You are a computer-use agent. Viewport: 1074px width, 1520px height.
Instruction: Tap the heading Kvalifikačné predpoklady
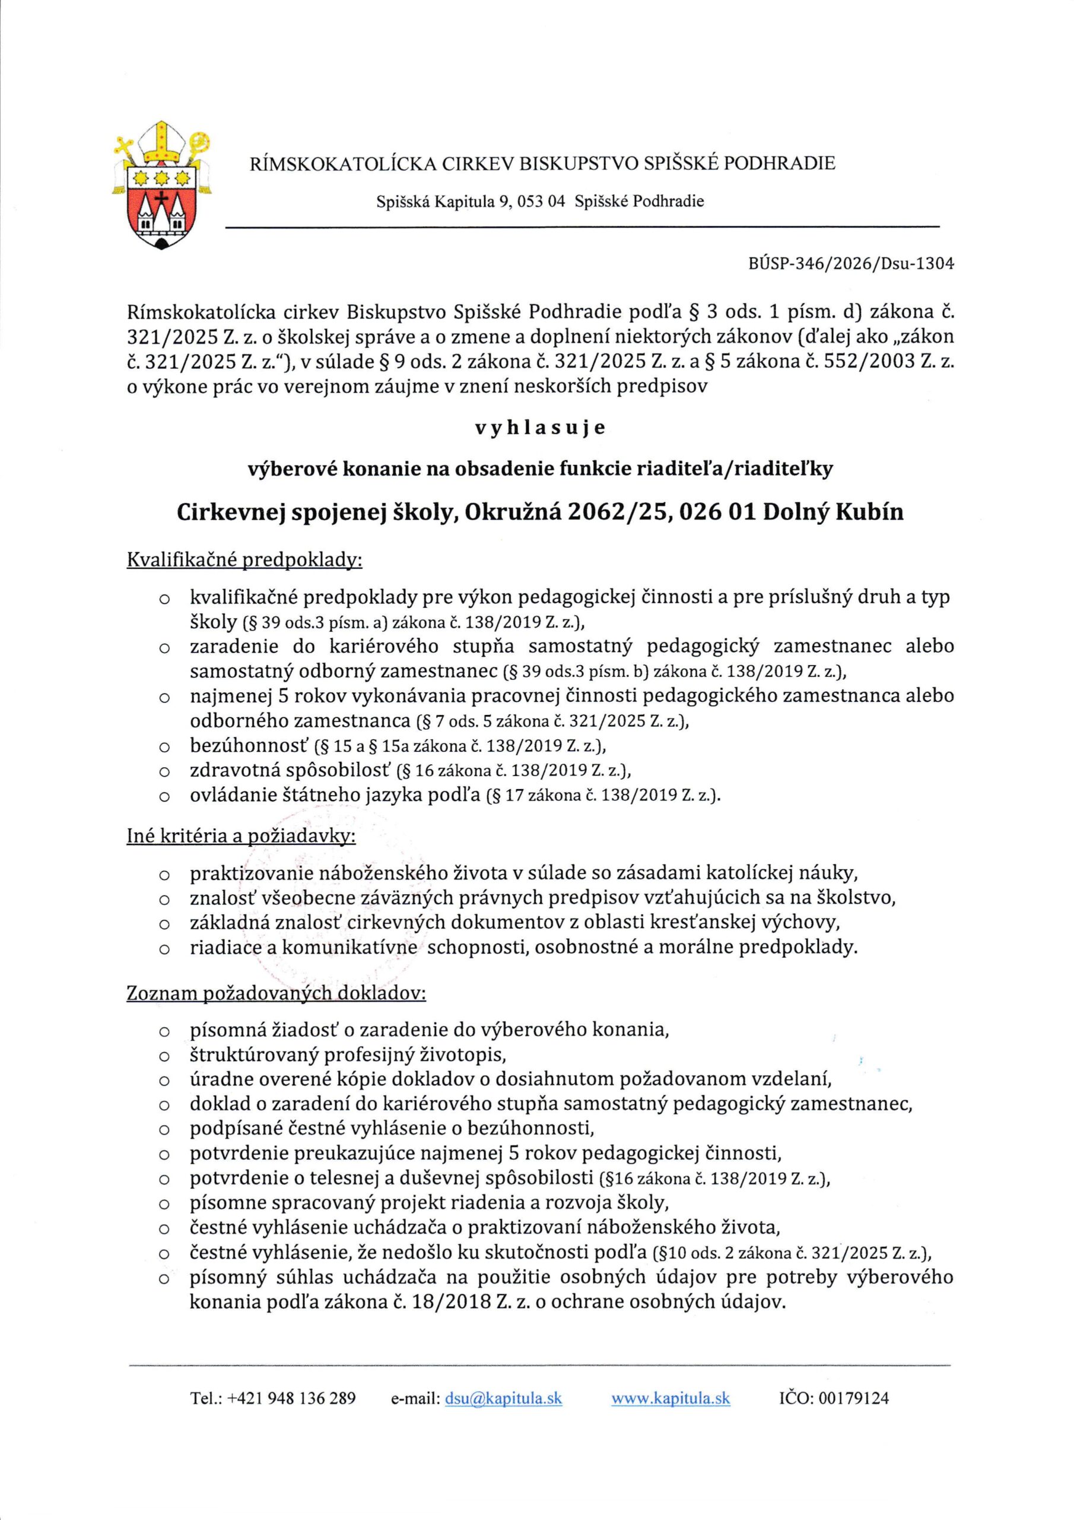coord(244,560)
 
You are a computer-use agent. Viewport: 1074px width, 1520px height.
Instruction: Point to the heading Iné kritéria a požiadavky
coord(241,837)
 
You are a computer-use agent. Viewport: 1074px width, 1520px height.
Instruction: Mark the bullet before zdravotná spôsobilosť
coord(163,772)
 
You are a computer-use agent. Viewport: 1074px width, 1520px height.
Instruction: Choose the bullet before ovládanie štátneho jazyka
coord(163,796)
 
